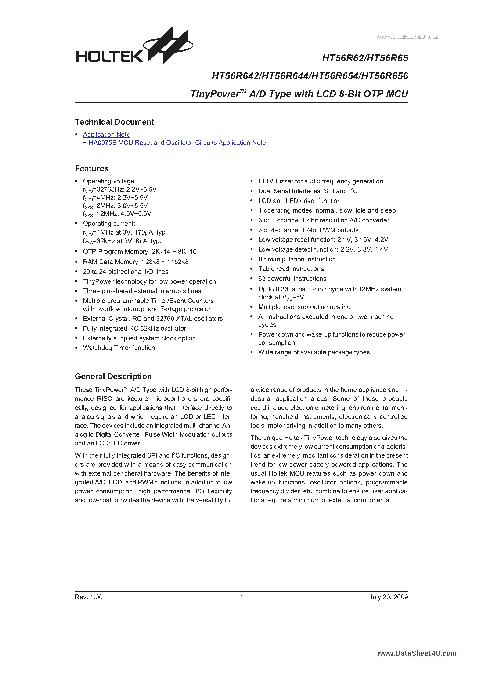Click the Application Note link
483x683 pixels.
106,135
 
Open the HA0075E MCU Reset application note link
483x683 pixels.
177,143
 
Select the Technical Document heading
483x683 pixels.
114,122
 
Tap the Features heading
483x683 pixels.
92,169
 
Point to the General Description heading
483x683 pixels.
113,377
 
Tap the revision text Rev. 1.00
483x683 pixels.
89,597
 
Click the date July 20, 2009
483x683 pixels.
388,597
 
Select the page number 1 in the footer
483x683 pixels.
241,597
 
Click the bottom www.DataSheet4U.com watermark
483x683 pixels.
417,654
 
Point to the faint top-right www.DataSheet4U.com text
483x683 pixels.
407,37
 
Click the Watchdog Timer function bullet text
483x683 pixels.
119,348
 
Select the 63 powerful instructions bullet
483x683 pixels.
292,279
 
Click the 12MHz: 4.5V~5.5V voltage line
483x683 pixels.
117,213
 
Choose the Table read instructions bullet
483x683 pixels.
291,269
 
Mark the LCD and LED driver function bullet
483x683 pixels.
299,201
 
